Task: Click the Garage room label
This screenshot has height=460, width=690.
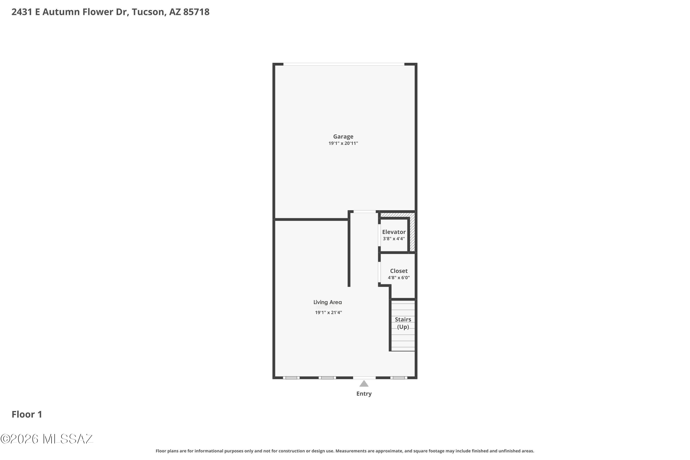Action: (x=343, y=136)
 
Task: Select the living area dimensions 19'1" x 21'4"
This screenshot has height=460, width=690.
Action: (x=328, y=312)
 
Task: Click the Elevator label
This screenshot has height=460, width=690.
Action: (x=394, y=232)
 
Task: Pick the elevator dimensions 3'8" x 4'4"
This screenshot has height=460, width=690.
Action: (x=394, y=239)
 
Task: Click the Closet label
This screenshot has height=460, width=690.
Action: (x=399, y=271)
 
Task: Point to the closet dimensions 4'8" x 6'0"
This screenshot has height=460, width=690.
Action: (x=399, y=278)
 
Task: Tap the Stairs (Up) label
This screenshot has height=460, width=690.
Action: (x=403, y=323)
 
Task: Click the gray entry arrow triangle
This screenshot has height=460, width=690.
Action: (x=364, y=384)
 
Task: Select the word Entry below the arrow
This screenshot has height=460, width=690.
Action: (x=364, y=394)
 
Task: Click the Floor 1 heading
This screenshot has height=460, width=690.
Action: (x=27, y=414)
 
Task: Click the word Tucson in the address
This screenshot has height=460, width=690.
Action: (x=148, y=12)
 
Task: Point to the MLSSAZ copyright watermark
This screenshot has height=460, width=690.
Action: (x=47, y=439)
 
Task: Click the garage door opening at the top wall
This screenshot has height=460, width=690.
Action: (x=344, y=64)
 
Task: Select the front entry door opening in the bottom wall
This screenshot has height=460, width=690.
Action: (x=364, y=378)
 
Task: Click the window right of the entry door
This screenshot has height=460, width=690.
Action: (x=398, y=378)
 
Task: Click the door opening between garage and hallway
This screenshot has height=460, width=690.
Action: (x=364, y=212)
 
